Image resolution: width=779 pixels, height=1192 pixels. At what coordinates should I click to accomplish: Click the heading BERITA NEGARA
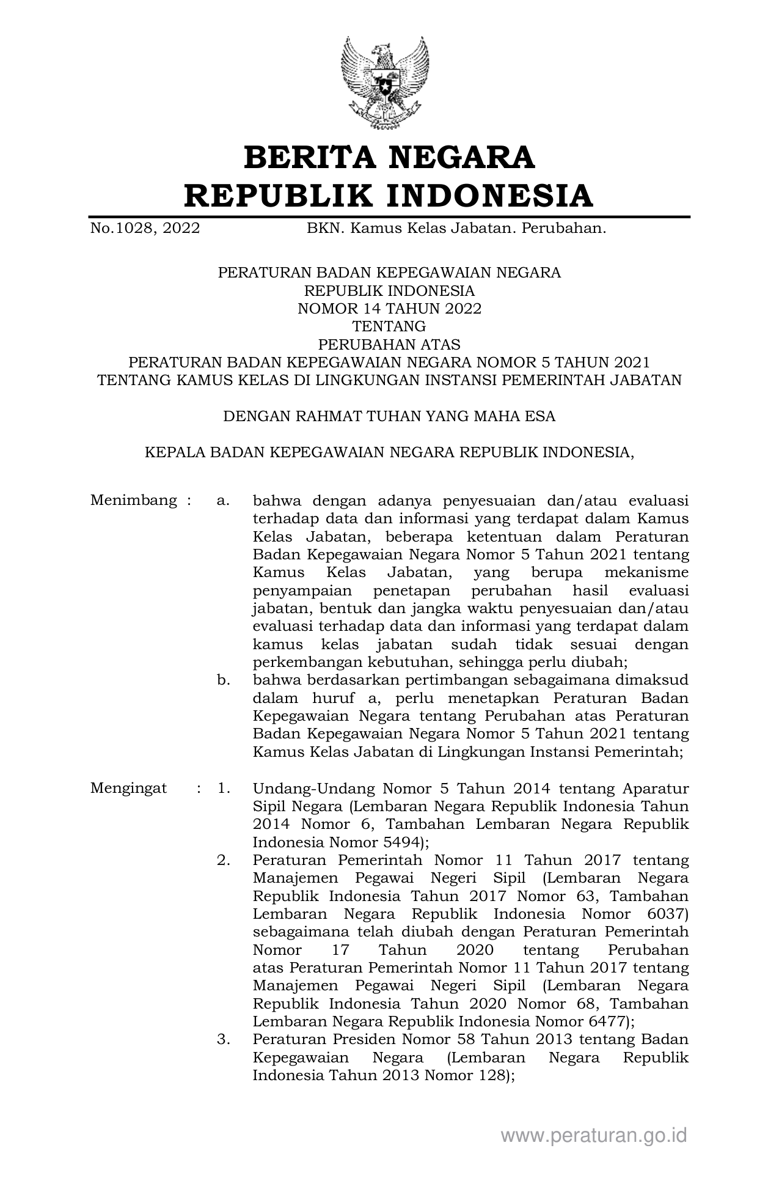[389, 157]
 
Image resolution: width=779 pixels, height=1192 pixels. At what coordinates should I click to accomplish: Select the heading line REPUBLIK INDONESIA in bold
[389, 196]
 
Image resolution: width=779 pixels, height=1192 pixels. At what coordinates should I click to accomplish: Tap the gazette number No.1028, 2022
[145, 229]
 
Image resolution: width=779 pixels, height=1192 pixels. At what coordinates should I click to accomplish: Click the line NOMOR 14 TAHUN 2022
[389, 309]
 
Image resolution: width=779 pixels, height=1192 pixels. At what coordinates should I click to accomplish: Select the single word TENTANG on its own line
[389, 326]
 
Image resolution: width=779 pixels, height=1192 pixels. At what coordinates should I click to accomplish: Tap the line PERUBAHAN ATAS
[389, 344]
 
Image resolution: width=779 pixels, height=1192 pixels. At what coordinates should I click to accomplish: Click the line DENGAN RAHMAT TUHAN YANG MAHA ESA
[389, 416]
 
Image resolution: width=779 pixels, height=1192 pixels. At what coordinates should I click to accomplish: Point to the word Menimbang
[134, 501]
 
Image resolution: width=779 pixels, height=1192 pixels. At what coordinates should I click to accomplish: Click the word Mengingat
[128, 788]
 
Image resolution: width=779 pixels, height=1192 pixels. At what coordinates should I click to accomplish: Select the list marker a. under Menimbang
[223, 501]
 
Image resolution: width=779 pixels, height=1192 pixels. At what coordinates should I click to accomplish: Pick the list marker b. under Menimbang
[223, 680]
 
